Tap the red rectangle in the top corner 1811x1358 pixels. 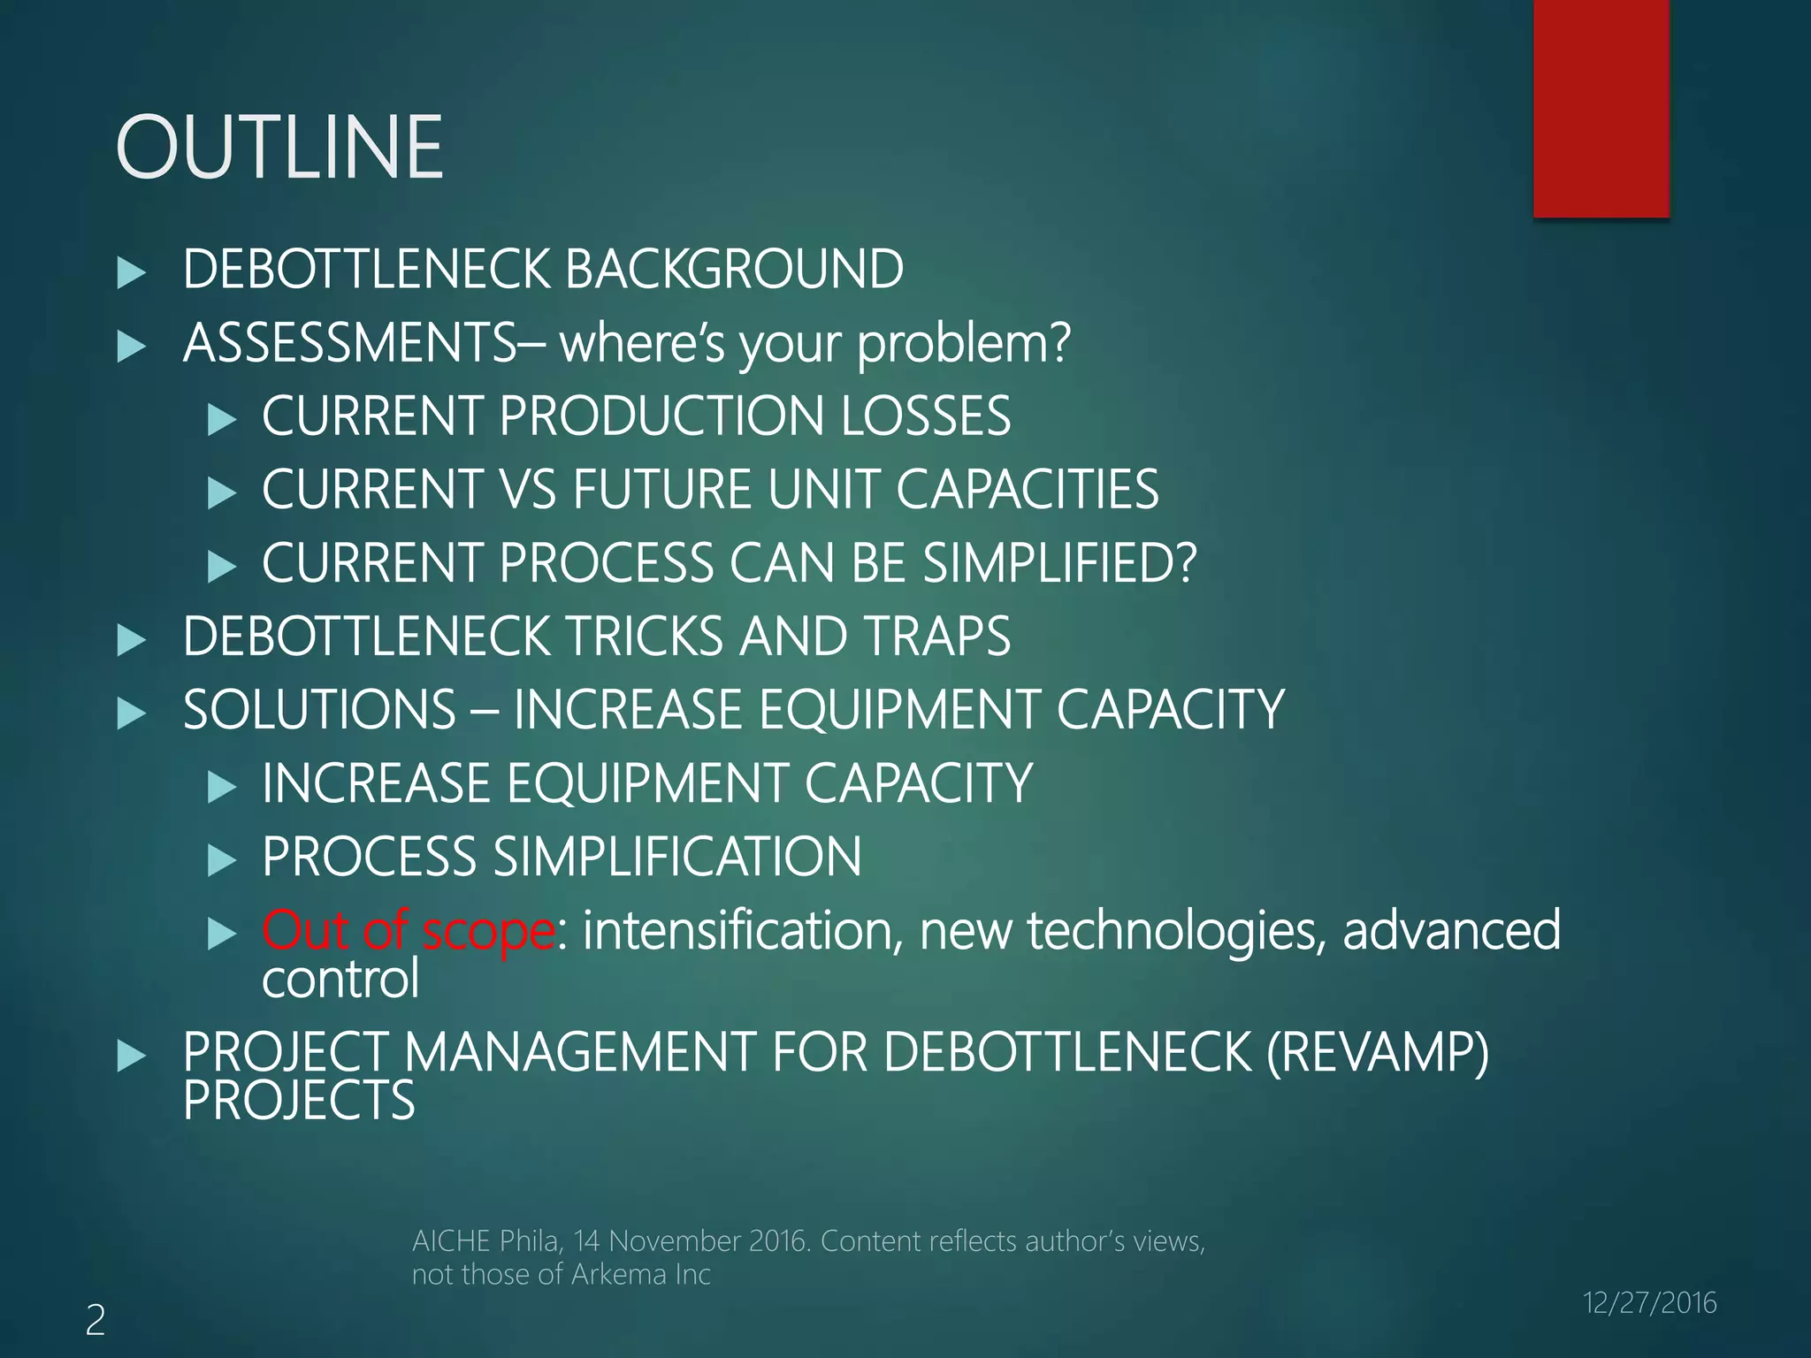(1601, 108)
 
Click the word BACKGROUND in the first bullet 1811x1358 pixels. (734, 269)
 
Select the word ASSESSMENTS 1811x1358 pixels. (350, 343)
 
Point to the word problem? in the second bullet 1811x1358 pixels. (964, 345)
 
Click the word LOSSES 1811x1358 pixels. (925, 416)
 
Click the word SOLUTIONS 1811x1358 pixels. (319, 710)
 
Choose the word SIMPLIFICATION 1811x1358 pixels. (676, 857)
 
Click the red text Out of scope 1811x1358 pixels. (409, 930)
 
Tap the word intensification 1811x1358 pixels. (742, 930)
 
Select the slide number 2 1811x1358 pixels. (96, 1320)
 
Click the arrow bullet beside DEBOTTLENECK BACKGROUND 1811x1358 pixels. (131, 272)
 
